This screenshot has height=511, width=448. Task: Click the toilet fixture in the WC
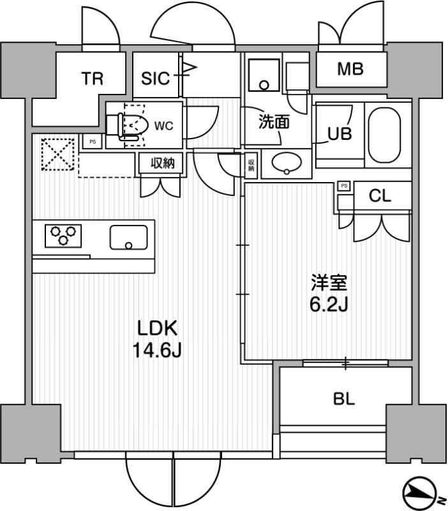tap(131, 125)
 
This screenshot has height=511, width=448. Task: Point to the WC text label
tap(164, 126)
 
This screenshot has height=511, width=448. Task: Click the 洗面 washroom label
tap(273, 122)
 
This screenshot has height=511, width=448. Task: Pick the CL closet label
tap(380, 197)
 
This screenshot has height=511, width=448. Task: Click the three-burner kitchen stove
tap(64, 234)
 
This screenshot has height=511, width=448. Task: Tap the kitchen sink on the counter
tap(128, 237)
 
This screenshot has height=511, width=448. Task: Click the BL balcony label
tap(344, 399)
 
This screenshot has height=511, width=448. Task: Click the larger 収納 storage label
tap(162, 164)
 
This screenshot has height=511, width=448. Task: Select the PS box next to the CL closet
tap(344, 186)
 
